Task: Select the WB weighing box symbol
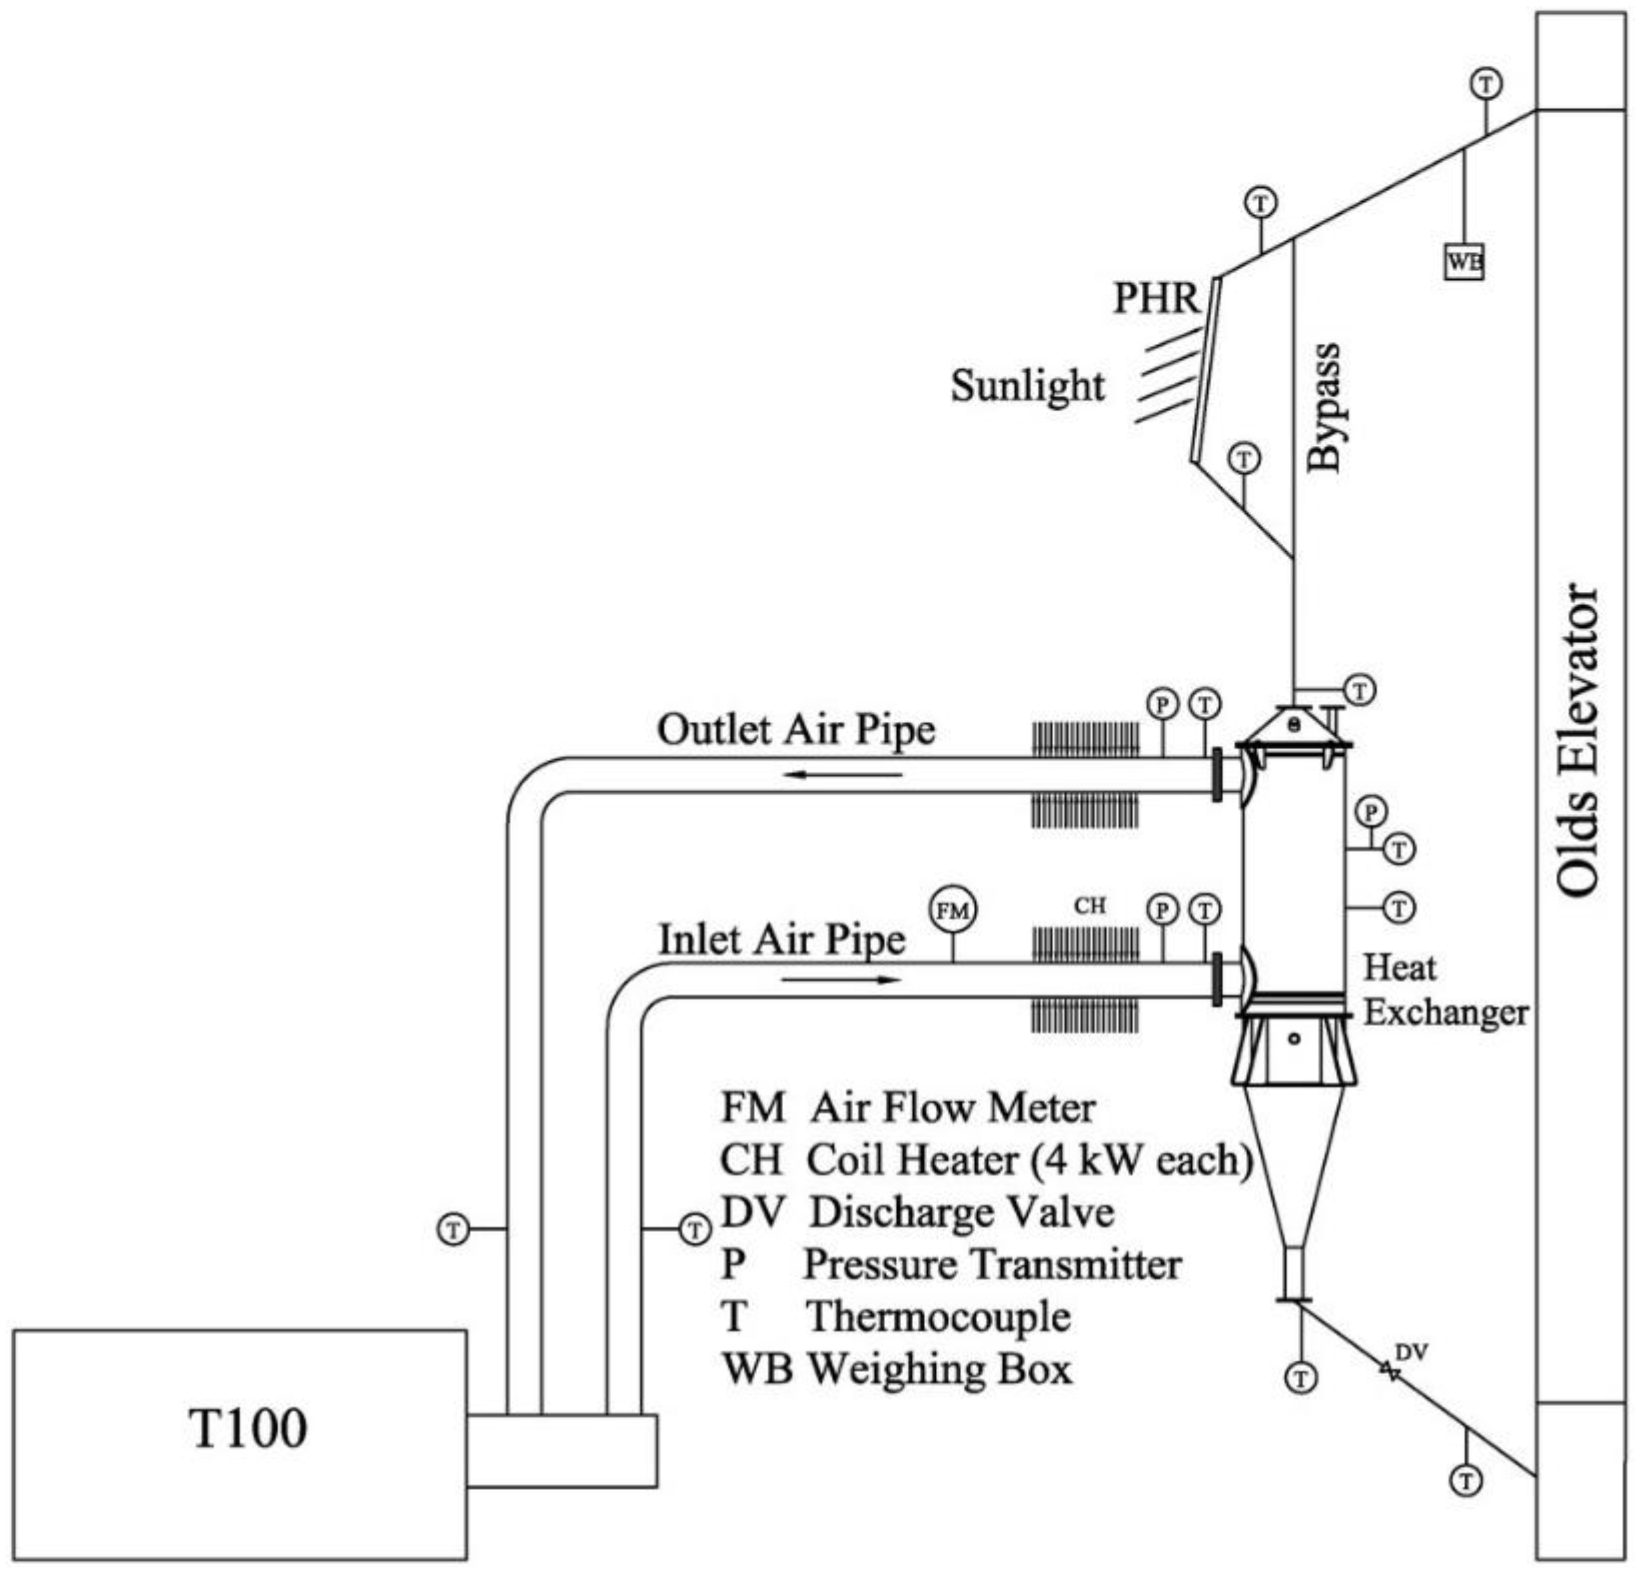pos(1464,262)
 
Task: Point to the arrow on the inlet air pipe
pos(843,979)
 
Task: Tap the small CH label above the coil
pos(1090,906)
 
